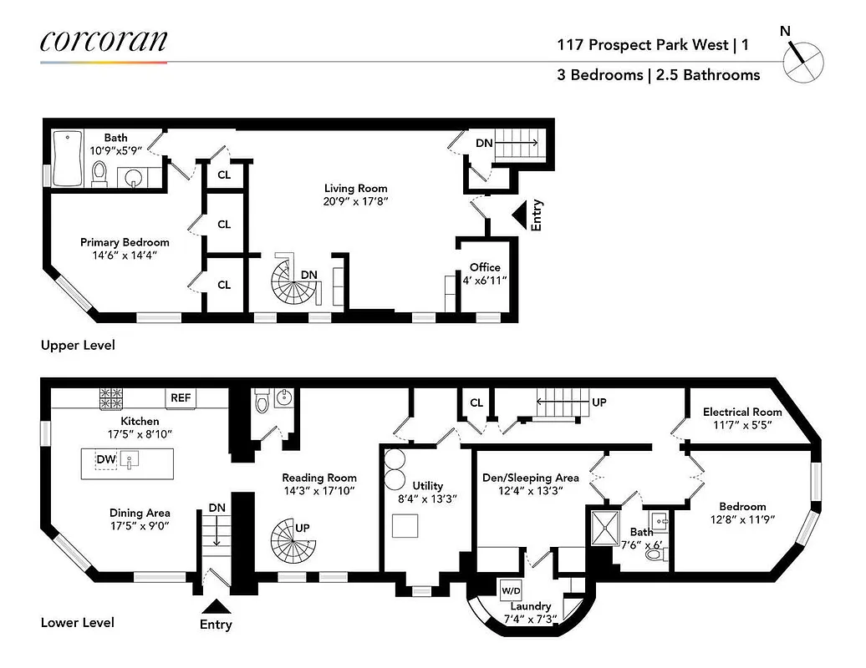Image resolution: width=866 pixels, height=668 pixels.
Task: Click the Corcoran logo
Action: coord(104,41)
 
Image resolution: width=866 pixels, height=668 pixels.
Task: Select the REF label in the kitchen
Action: coord(181,398)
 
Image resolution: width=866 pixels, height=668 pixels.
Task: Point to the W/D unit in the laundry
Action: coord(511,590)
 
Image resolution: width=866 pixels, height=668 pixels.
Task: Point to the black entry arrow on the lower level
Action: coord(215,606)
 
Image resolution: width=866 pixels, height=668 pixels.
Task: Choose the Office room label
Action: coord(485,267)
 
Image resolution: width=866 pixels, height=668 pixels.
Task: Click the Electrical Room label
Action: coord(742,412)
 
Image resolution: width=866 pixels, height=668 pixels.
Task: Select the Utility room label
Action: coord(427,485)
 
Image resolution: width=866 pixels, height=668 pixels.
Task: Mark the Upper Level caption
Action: coord(78,345)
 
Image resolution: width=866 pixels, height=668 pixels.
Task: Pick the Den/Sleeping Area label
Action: coord(530,478)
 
